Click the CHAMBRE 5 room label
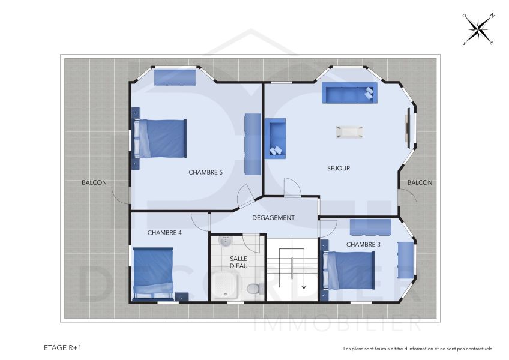(205, 172)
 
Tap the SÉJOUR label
(338, 168)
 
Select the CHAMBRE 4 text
(164, 233)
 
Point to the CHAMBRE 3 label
(363, 244)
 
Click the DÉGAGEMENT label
(273, 218)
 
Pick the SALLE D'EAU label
(238, 262)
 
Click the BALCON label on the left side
(94, 182)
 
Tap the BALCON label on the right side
(420, 182)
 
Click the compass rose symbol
(478, 29)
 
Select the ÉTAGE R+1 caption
(63, 347)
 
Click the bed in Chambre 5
(161, 139)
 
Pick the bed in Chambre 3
(349, 270)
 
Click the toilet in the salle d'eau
(253, 289)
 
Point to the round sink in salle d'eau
(225, 242)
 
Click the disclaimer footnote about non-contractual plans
(418, 348)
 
